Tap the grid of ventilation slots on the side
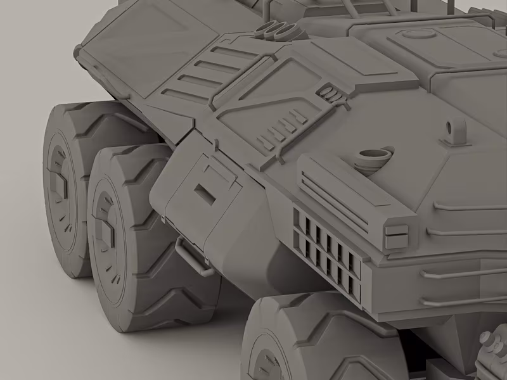pyautogui.click(x=326, y=253)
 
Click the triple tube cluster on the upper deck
pyautogui.click(x=276, y=28)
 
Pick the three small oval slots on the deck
pyautogui.click(x=331, y=93)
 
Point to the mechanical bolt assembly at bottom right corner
pyautogui.click(x=491, y=351)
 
